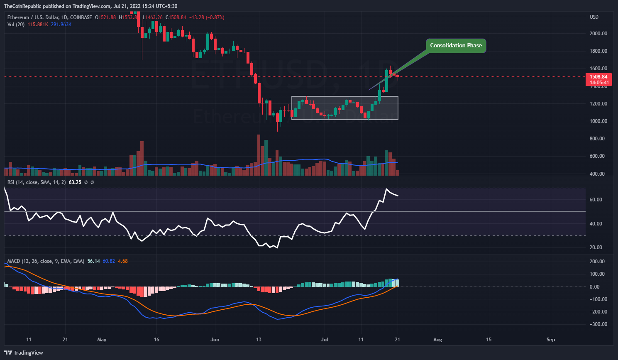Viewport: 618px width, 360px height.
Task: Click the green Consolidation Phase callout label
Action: (x=456, y=46)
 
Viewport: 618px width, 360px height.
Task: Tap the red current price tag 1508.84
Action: (x=598, y=77)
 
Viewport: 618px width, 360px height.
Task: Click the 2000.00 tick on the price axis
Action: (x=598, y=34)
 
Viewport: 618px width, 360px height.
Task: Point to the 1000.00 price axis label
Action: (x=598, y=121)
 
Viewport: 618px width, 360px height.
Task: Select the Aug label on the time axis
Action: (x=437, y=340)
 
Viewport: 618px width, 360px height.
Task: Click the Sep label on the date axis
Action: (x=550, y=340)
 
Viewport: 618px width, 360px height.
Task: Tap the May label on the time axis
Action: (x=102, y=340)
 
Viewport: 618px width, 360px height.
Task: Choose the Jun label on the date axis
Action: (x=215, y=340)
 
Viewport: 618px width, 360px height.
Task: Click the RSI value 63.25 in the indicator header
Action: (x=75, y=182)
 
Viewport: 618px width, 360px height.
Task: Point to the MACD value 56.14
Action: (x=93, y=261)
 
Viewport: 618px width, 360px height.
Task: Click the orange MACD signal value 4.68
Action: (x=122, y=261)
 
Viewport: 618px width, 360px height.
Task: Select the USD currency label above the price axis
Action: (x=594, y=17)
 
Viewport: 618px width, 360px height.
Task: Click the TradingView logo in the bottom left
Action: (x=24, y=353)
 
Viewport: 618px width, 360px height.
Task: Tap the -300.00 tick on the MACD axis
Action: (x=596, y=324)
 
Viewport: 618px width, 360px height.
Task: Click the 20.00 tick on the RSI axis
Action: (x=596, y=247)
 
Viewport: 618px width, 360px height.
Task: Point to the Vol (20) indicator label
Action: (x=16, y=24)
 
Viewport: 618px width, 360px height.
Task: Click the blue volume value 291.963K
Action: (x=61, y=24)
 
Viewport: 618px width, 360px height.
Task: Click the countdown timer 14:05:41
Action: (x=598, y=83)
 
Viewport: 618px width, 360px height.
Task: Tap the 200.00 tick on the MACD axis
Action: (x=597, y=262)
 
